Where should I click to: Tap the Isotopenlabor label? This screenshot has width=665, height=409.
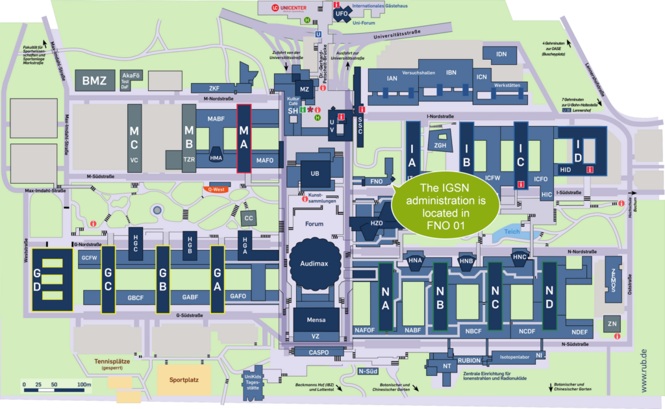515,357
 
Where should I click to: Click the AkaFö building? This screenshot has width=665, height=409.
131,79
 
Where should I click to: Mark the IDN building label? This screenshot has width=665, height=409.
501,54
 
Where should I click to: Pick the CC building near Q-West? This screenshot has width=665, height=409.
248,217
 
